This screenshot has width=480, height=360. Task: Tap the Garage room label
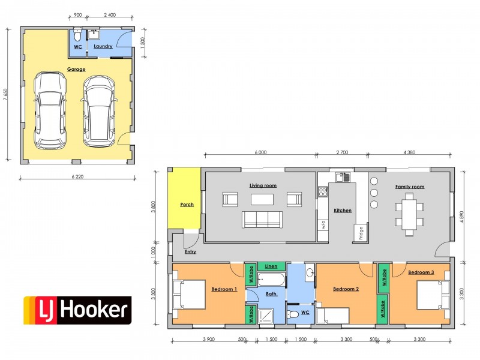[x=76, y=69]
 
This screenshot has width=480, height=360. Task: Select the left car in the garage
[x=50, y=110]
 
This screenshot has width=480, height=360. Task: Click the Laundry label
[x=103, y=46]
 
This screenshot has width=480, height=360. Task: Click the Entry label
[x=190, y=251]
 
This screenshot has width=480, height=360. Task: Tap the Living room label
[x=263, y=185]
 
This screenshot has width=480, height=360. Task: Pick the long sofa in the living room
[x=262, y=220]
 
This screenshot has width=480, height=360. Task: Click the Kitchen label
[x=343, y=211]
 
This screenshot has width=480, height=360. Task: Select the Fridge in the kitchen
[x=361, y=232]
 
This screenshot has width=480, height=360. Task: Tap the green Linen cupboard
[x=271, y=266]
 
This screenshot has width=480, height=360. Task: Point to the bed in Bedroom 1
[x=190, y=294]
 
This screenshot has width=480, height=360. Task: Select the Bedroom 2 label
[x=346, y=289]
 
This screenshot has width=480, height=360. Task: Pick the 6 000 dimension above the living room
[x=260, y=152]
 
